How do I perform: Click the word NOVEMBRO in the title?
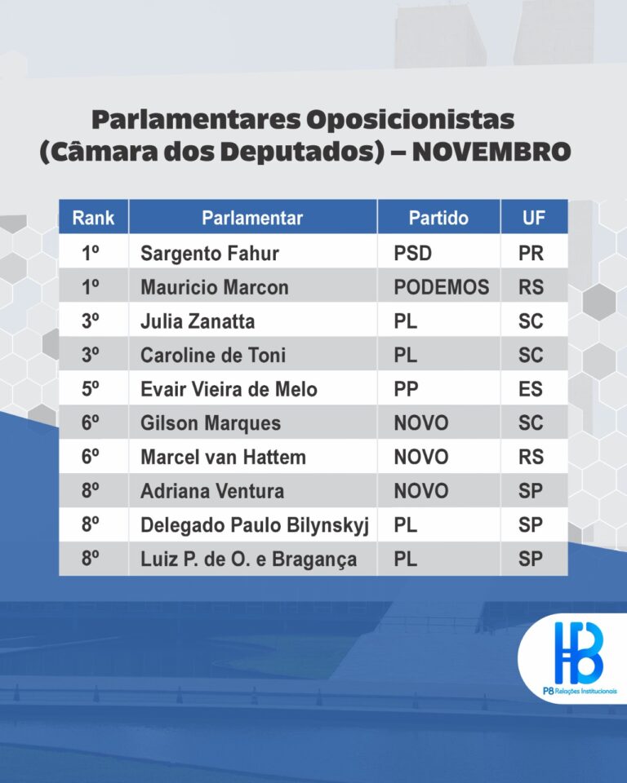click(x=491, y=152)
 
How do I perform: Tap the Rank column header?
click(x=94, y=218)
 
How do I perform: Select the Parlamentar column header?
click(x=252, y=218)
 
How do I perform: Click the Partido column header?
click(x=438, y=218)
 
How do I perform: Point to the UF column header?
click(x=533, y=218)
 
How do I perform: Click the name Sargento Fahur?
click(x=210, y=253)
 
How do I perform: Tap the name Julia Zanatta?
click(x=198, y=321)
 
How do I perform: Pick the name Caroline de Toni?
click(x=213, y=355)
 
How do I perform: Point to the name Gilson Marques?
click(x=211, y=423)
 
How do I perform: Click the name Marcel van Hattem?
click(x=223, y=457)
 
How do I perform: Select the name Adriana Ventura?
click(x=212, y=491)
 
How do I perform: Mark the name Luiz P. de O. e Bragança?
click(x=249, y=560)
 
